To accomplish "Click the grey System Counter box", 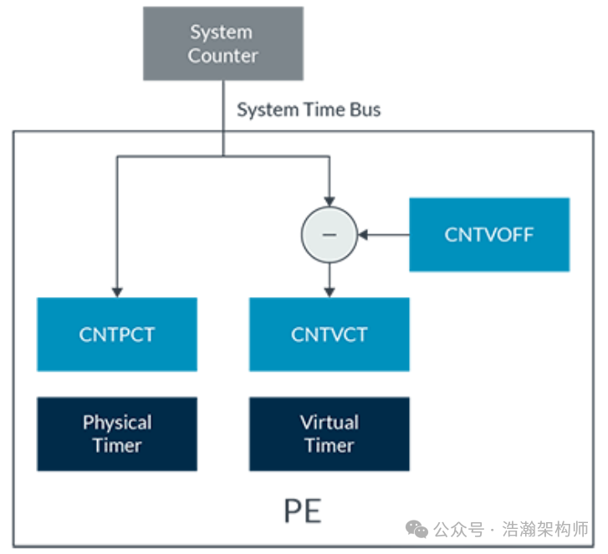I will click(222, 44).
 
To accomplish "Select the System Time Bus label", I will click(309, 110).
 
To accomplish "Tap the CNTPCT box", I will click(117, 335).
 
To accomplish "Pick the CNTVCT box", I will click(330, 335).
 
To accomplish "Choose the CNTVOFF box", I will click(489, 234).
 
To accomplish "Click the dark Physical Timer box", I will click(117, 433).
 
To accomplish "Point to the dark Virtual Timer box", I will click(330, 433).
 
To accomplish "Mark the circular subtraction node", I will click(330, 234).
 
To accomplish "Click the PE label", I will click(303, 510).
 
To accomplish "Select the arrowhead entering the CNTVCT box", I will click(330, 291).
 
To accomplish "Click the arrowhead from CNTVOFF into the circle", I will click(365, 234).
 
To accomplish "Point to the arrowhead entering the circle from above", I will click(330, 199).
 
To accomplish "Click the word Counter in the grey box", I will click(222, 56).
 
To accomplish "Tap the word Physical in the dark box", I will click(117, 423).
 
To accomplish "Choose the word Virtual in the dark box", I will click(330, 423).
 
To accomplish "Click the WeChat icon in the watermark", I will click(416, 529).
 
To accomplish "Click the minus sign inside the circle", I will click(330, 234).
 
